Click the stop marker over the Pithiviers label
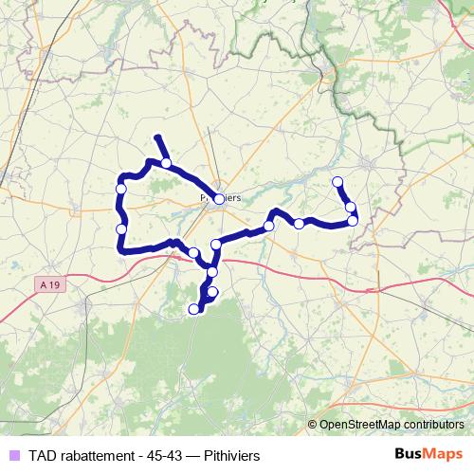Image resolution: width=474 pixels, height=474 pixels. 219,199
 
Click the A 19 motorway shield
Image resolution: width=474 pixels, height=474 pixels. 51,284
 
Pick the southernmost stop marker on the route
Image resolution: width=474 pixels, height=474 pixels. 194,308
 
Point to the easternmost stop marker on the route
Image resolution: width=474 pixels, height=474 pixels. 353,220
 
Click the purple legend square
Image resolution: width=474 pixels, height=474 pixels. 13,455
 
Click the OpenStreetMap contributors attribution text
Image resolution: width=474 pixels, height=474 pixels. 390,425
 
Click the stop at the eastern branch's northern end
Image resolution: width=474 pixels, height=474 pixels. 337,182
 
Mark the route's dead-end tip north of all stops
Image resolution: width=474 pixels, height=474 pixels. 157,138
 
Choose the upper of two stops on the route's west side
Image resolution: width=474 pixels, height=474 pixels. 120,190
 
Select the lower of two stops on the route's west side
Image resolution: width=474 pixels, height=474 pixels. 120,228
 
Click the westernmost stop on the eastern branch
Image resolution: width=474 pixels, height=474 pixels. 269,225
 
